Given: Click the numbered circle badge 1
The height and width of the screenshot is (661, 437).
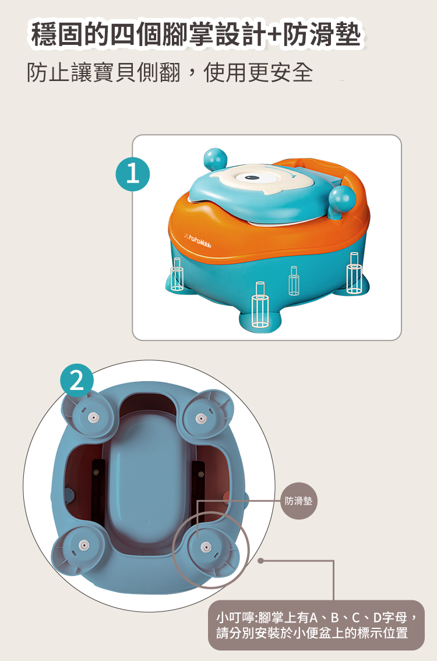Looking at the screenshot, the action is click(x=133, y=174).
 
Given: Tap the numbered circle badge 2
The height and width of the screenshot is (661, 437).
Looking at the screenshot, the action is click(x=77, y=381).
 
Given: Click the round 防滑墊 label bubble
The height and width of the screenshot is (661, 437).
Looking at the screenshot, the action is click(x=299, y=501).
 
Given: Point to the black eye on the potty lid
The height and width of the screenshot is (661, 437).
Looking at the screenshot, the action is click(x=251, y=177).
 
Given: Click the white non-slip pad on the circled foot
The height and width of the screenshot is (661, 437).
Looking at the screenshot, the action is click(x=206, y=547).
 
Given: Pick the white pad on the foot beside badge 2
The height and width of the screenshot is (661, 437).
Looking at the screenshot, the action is click(x=93, y=417).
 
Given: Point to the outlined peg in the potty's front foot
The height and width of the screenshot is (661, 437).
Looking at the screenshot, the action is click(x=260, y=304).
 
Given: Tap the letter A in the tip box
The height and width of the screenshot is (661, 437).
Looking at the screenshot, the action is click(x=314, y=618).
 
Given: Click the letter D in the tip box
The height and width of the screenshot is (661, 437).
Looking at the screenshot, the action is click(x=378, y=618).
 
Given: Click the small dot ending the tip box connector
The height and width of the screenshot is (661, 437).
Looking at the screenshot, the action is click(x=261, y=561).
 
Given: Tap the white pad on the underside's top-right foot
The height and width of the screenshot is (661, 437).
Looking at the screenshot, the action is click(x=201, y=419).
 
